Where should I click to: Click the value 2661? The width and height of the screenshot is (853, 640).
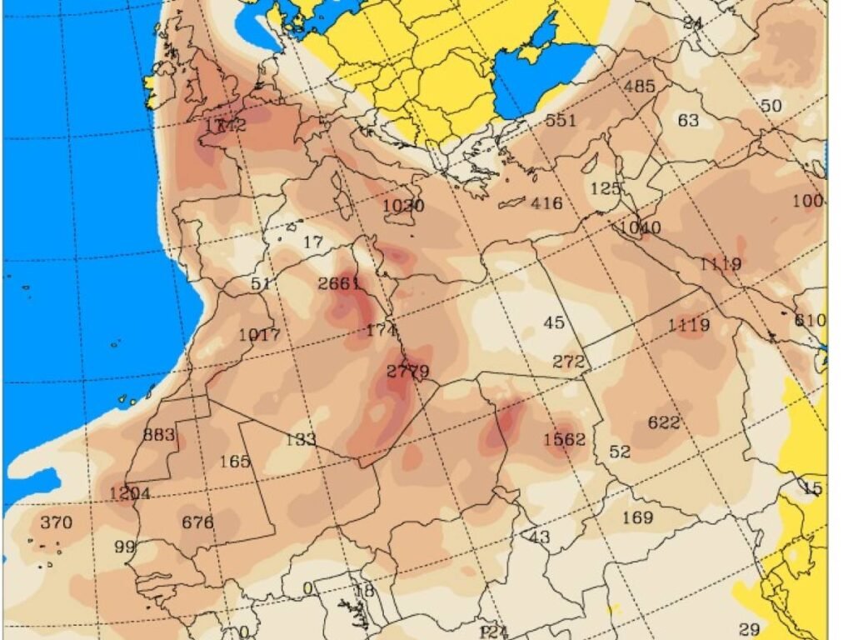pos(339,283)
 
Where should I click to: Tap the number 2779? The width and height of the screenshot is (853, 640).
pos(408,372)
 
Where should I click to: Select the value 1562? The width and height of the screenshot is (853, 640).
pos(564,439)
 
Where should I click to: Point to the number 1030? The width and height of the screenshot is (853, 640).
pos(404,206)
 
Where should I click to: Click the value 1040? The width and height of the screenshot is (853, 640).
pos(640,227)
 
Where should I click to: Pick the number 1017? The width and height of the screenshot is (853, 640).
pos(259,335)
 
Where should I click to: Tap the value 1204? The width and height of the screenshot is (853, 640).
pos(130,493)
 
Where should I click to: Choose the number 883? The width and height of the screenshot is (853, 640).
pos(159,434)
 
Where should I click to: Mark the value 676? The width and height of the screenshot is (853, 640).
pos(197,522)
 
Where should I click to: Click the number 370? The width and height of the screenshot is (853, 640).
pos(56,522)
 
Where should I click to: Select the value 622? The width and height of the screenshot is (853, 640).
pos(664,422)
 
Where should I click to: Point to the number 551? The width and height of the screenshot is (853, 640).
pos(561,120)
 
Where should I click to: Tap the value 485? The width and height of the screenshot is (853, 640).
pos(640,86)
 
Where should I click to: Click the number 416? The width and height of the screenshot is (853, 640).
pos(546,202)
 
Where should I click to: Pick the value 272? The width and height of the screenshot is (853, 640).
pos(570,362)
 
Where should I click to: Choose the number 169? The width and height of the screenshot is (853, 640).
pos(638,517)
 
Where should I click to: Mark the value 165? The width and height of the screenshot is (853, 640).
pos(235,461)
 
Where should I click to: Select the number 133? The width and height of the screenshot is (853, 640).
pos(300,439)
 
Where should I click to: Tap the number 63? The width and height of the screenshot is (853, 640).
pos(688,121)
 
